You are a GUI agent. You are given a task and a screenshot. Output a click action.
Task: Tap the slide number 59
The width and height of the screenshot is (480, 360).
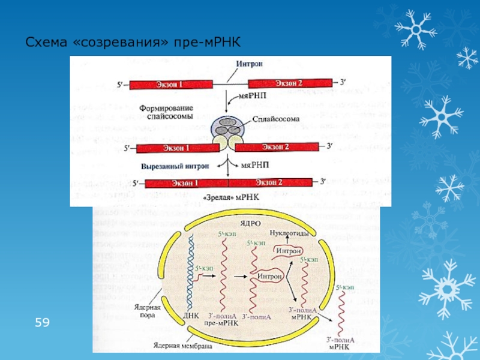[x=42, y=323]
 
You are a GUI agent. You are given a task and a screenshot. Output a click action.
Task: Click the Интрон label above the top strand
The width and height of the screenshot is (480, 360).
[x=250, y=64]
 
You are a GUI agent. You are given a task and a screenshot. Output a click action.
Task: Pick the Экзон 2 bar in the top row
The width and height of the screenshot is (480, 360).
[x=289, y=83]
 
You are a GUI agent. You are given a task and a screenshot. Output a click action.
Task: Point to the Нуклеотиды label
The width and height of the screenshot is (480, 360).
[x=289, y=232]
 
